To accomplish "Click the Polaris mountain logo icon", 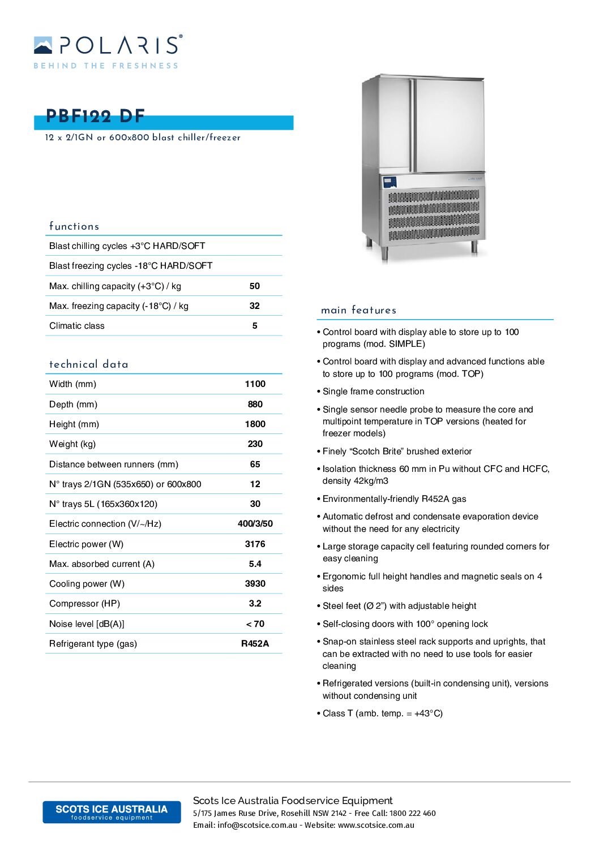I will click(43, 45).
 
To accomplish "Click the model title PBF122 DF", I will click(95, 117).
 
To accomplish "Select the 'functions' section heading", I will click(74, 226).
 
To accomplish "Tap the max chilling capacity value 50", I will click(255, 286).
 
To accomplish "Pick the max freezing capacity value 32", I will click(255, 306).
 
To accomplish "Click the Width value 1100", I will click(255, 384).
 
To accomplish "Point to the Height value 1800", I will click(255, 424).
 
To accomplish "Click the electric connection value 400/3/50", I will click(255, 524).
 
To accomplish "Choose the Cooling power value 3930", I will click(255, 584).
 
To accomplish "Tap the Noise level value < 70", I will click(255, 624).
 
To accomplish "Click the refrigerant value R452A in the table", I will click(255, 644).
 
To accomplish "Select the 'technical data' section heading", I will click(89, 364).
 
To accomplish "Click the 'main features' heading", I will click(358, 310).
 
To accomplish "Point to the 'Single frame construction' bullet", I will click(373, 392).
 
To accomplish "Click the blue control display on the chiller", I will click(390, 182).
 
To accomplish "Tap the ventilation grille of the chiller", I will click(434, 215).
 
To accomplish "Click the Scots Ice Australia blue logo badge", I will click(112, 812).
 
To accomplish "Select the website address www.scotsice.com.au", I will click(376, 825).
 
